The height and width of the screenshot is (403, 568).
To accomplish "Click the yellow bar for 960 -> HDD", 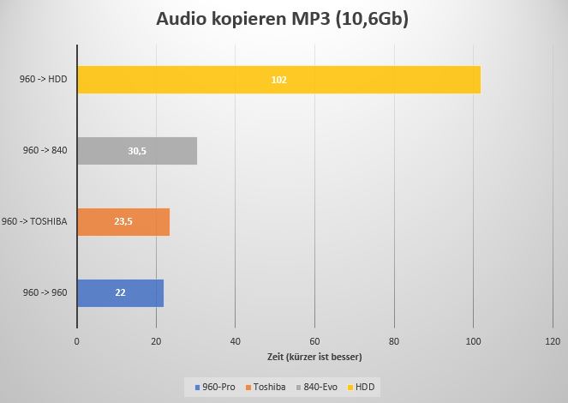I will [278, 80].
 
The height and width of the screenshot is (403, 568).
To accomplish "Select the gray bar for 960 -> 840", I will [137, 151].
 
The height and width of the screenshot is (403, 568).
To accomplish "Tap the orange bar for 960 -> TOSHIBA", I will [123, 221].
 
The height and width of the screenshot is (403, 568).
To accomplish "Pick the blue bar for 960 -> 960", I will [120, 292].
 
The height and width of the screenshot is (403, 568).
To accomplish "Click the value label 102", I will [278, 80].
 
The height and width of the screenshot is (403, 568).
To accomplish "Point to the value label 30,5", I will [137, 151].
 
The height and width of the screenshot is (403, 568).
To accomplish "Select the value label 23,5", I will [123, 221].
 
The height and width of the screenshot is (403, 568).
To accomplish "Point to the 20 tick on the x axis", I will [156, 342].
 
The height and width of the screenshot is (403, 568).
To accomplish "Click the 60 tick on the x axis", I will [314, 342].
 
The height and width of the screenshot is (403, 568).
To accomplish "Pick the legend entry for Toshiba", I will [269, 387].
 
